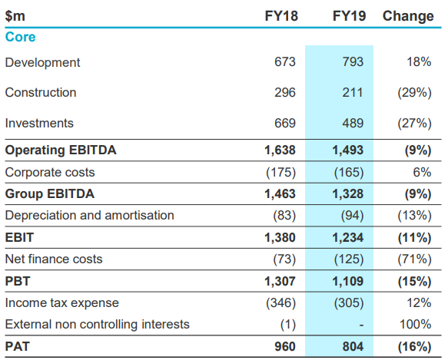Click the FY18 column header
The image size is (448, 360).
281,16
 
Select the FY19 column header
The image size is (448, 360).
349,16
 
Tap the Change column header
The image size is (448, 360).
408,16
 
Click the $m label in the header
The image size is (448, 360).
15,16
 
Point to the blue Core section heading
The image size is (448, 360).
20,37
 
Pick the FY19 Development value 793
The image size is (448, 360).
353,62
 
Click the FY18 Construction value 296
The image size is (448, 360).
285,93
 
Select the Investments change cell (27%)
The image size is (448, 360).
414,124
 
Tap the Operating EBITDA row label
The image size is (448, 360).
61,150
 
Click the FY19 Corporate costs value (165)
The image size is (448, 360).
349,173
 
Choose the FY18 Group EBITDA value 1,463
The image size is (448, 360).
280,194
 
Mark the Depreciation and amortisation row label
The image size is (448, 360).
89,215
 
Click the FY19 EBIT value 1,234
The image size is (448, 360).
347,238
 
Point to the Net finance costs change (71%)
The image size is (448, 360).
414,259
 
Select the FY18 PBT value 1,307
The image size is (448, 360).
280,282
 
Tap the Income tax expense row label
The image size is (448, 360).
61,303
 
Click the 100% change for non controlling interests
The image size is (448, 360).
416,325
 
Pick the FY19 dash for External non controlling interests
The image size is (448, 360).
361,325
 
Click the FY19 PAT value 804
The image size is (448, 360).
353,347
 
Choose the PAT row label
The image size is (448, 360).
17,347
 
